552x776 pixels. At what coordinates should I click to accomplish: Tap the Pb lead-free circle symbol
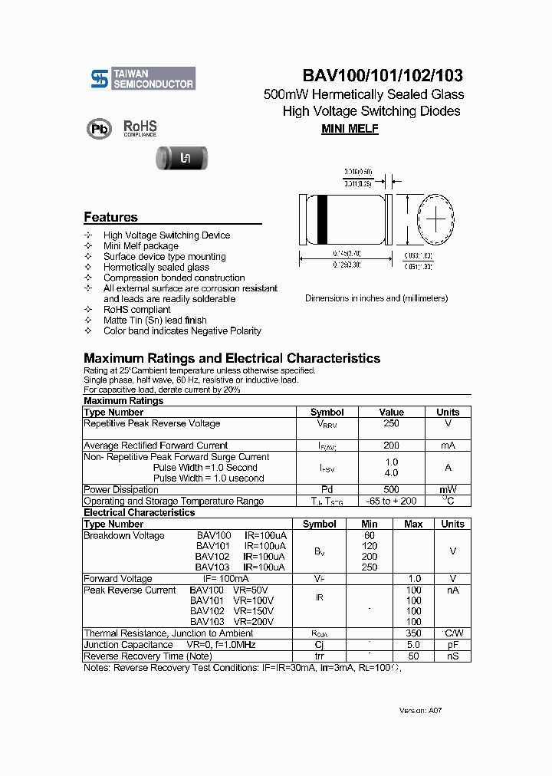coord(99,129)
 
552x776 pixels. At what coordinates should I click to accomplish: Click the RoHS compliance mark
coord(140,127)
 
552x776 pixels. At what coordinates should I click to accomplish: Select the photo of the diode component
coord(182,159)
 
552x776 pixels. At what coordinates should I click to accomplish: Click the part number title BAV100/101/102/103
coord(383,75)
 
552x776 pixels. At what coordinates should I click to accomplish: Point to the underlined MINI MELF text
coord(350,129)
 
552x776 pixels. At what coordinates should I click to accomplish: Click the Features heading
coord(110,217)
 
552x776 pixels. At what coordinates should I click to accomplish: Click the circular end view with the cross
coord(435,219)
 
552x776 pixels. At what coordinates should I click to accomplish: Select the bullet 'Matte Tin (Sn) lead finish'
coord(155,321)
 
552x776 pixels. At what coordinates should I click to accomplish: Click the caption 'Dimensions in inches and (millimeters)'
coord(376,298)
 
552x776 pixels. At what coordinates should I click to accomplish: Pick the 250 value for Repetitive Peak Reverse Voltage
coord(391,423)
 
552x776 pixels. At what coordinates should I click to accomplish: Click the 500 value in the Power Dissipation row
coord(391,489)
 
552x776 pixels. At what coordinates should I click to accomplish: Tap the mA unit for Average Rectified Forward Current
coord(448,445)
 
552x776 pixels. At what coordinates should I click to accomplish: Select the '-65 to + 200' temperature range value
coord(391,501)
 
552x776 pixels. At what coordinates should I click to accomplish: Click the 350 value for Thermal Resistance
coord(413,633)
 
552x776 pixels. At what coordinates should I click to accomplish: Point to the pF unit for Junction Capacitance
coord(452,645)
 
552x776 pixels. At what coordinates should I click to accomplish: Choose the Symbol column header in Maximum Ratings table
coord(327,412)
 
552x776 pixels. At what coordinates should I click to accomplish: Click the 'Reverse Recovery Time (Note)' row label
coord(147,656)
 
